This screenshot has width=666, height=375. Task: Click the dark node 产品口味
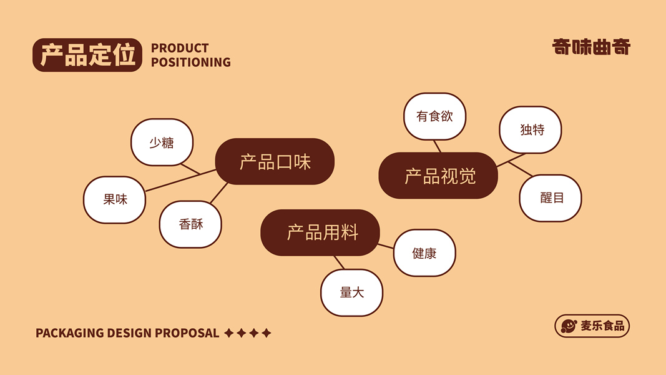click(275, 162)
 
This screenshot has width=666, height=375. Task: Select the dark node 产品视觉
click(439, 176)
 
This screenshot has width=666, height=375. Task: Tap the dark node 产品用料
click(320, 232)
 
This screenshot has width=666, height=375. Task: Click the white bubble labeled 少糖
click(162, 142)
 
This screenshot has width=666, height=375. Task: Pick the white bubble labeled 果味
click(115, 199)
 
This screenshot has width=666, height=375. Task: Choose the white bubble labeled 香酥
click(190, 224)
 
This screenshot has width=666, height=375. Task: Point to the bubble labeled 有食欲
click(434, 116)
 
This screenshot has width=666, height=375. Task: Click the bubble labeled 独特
click(531, 129)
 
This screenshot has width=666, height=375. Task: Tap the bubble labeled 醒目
click(551, 198)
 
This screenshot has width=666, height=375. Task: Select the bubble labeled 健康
click(424, 252)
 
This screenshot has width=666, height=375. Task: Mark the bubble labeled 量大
click(351, 292)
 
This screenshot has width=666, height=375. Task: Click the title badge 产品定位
click(87, 55)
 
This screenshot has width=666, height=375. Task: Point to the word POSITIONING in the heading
click(190, 62)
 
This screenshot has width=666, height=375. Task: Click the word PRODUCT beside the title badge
click(180, 48)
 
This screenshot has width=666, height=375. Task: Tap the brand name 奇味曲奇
click(591, 47)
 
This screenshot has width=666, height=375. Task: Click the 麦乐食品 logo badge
click(592, 326)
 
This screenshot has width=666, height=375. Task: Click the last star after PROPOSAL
click(267, 333)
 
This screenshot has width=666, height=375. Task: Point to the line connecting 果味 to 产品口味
click(175, 181)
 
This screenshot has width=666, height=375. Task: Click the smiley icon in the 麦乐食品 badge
click(569, 326)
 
